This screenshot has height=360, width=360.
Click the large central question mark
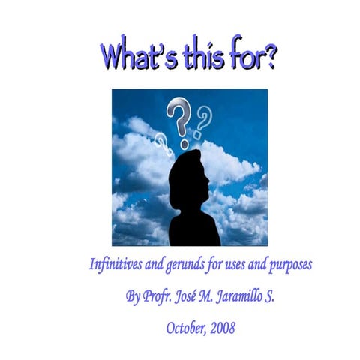pos(178,121)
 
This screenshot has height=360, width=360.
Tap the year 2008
pos(220,328)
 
